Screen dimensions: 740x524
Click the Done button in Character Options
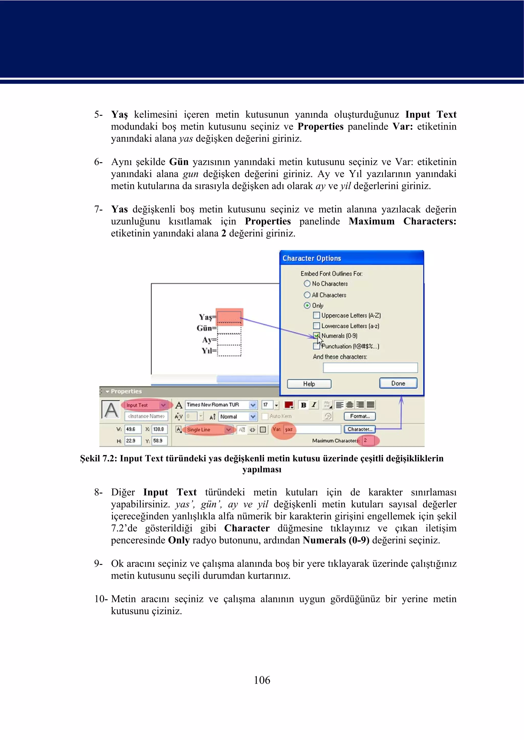pyautogui.click(x=398, y=383)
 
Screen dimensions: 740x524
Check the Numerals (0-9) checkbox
pyautogui.click(x=316, y=336)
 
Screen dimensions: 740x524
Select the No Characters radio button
pyautogui.click(x=307, y=283)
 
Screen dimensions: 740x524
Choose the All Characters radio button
pyautogui.click(x=307, y=295)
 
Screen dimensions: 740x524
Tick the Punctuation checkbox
pyautogui.click(x=316, y=346)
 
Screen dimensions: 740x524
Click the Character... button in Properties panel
pyautogui.click(x=359, y=429)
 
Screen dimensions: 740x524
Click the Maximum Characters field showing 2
pyautogui.click(x=368, y=440)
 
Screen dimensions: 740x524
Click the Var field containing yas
pyautogui.click(x=312, y=429)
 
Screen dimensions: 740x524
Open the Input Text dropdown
pyautogui.click(x=163, y=405)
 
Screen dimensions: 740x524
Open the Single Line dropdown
pyautogui.click(x=228, y=430)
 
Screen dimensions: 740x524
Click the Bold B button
pyautogui.click(x=303, y=405)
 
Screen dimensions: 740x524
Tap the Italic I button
pyautogui.click(x=314, y=405)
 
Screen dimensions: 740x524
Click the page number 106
pyautogui.click(x=262, y=680)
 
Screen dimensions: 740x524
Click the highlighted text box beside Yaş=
pyautogui.click(x=229, y=317)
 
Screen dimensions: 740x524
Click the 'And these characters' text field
pyautogui.click(x=370, y=368)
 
